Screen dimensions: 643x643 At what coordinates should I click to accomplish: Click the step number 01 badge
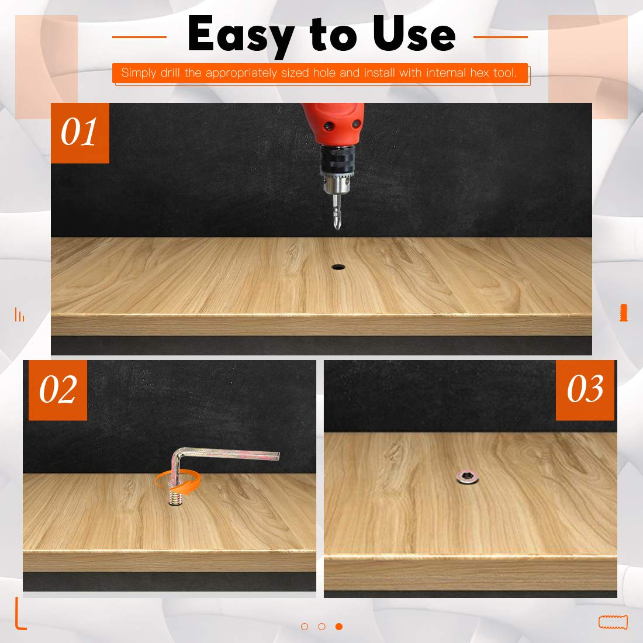pos(80,133)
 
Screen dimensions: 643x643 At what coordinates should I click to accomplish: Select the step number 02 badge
pos(58,390)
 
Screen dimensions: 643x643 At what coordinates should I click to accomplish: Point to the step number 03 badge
pos(585,390)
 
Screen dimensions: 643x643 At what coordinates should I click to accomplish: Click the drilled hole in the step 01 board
pos(338,267)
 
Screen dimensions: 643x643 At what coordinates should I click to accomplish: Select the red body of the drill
pos(333,123)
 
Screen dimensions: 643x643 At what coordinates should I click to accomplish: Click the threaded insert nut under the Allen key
pos(176,497)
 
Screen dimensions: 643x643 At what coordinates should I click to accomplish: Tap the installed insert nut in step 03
pos(468,476)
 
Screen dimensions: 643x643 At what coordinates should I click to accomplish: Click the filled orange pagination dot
pos(338,626)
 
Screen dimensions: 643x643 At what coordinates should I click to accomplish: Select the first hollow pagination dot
pos(305,626)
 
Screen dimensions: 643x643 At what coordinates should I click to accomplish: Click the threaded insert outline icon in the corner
pos(613,622)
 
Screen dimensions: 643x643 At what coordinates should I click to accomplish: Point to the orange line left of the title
pos(140,37)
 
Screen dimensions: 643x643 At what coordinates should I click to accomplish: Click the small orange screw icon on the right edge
pos(624,313)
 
